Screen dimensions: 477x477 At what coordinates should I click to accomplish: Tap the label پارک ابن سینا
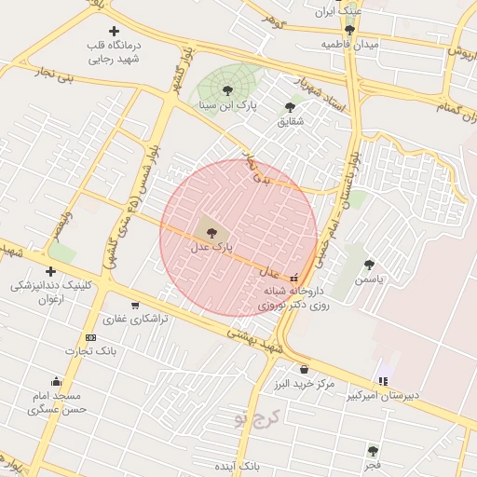pos(227,105)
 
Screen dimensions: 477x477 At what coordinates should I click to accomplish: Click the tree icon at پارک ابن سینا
pos(227,89)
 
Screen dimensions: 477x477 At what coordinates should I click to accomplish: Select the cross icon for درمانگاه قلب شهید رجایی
pos(114,32)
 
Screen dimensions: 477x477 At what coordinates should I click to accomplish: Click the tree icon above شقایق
pos(290,107)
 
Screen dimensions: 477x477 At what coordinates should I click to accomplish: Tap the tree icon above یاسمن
pos(370,265)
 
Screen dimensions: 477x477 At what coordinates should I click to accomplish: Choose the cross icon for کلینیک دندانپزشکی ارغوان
pos(50,271)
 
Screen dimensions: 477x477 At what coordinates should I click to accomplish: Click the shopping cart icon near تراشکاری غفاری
pos(135,305)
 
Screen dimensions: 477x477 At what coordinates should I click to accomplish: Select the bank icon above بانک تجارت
pos(90,337)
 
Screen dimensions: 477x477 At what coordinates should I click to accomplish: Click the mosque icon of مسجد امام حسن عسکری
pos(57,380)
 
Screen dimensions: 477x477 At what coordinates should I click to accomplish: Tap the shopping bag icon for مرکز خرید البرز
pos(304,370)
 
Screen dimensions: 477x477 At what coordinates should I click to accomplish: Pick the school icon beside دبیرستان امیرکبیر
pos(383,380)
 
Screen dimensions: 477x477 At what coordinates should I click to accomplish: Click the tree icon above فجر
pos(373,451)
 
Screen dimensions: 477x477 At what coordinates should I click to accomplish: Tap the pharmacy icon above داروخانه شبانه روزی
pos(295,277)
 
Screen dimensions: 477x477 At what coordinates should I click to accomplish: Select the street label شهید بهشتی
pos(252,339)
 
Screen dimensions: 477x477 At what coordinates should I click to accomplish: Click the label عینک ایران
pos(337,11)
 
